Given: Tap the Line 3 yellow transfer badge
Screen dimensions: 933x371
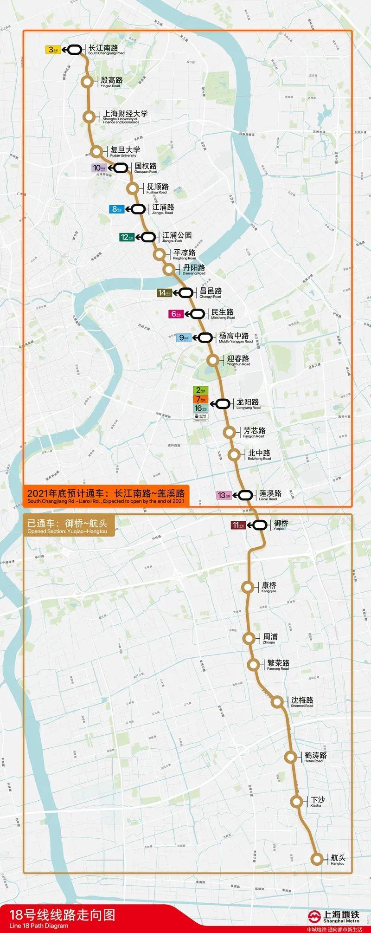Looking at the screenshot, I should pyautogui.click(x=52, y=50).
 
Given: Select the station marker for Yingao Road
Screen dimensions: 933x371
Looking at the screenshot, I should pyautogui.click(x=87, y=82).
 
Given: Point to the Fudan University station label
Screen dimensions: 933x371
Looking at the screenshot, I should pyautogui.click(x=123, y=152).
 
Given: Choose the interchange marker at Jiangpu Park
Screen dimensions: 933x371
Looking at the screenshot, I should pyautogui.click(x=148, y=237).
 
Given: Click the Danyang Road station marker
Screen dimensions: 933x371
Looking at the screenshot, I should pyautogui.click(x=168, y=269).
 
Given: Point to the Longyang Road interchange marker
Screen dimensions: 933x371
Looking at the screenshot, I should pyautogui.click(x=223, y=404).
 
